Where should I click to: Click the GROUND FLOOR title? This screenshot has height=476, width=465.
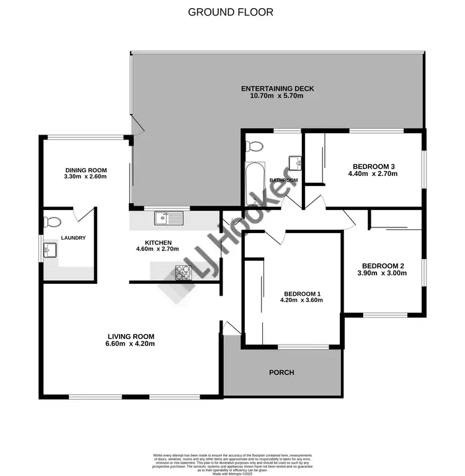tap(230, 12)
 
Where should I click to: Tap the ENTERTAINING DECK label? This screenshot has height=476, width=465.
tap(277, 89)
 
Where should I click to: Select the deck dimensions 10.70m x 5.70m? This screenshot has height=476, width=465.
tap(277, 96)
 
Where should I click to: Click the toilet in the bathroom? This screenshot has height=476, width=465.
tap(254, 146)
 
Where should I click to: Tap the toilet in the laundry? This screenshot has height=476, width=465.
tap(53, 222)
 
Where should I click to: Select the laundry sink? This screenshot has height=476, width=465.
tap(49, 251)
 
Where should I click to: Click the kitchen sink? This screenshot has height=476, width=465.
tap(168, 218)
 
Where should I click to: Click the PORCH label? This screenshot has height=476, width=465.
tap(281, 372)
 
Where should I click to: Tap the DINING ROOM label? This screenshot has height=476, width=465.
tap(86, 170)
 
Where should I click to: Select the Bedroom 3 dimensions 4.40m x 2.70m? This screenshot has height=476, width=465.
tap(373, 174)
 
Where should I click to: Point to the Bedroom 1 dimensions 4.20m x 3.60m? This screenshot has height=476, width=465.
tap(302, 300)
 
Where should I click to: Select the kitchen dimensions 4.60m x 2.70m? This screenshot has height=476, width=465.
tap(157, 249)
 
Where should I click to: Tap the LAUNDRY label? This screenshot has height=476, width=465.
tap(73, 238)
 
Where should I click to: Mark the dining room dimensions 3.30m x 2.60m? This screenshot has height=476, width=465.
tap(86, 177)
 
